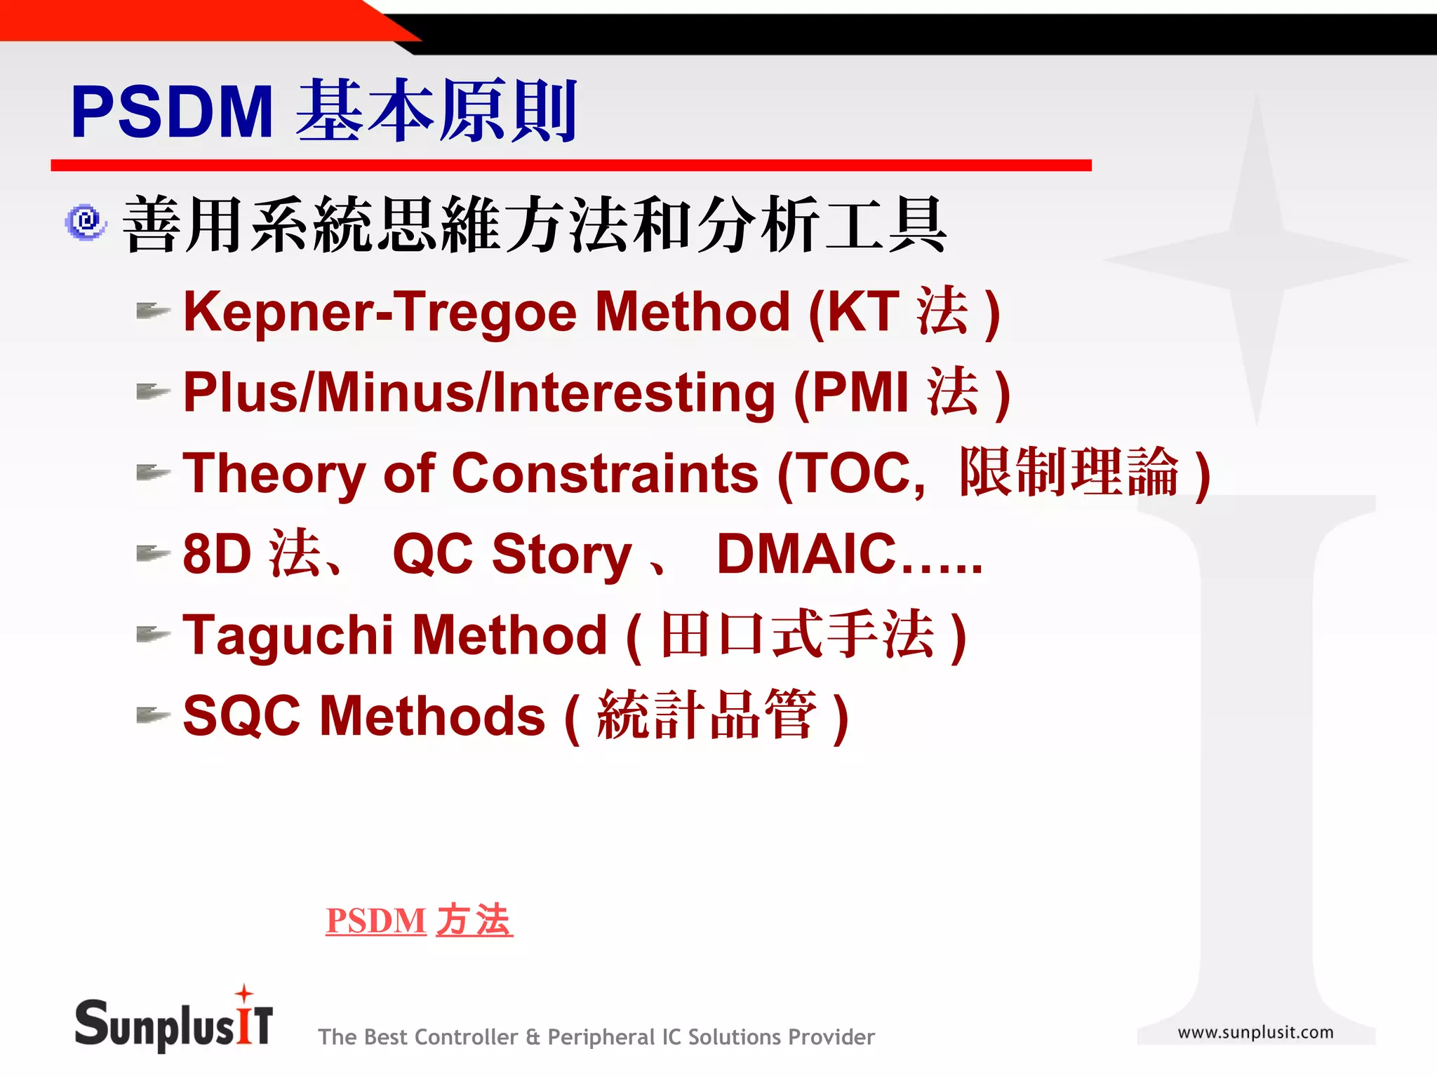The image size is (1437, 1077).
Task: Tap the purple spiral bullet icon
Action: [86, 222]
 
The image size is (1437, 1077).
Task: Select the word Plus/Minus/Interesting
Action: [479, 393]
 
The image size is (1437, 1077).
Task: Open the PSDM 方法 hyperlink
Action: [419, 921]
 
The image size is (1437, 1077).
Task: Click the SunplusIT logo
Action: [173, 1024]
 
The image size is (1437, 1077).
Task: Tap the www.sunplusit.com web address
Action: [1255, 1032]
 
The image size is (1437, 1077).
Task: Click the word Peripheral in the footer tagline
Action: [600, 1037]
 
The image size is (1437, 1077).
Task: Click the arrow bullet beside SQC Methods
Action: [153, 715]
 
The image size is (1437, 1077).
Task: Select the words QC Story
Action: [512, 555]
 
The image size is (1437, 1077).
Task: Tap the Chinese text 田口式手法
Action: [797, 635]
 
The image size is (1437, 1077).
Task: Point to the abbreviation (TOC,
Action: [852, 473]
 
